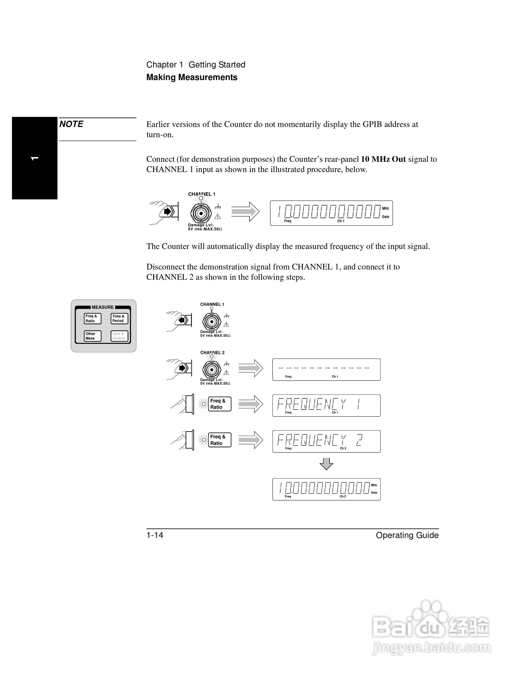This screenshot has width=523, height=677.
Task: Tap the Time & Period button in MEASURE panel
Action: pos(119,319)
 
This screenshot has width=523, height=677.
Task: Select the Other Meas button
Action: pos(92,336)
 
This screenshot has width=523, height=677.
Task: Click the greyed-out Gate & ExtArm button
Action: pos(119,336)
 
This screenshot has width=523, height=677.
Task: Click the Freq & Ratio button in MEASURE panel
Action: pos(92,319)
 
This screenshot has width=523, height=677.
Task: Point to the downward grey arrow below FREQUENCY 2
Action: pos(326,464)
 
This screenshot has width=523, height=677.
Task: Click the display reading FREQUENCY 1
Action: pos(326,405)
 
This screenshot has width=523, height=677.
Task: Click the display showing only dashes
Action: pos(326,369)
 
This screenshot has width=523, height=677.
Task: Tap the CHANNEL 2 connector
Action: pos(212,369)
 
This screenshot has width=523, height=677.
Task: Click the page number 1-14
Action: pos(155,535)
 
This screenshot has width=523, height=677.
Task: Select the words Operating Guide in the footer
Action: pos(407,535)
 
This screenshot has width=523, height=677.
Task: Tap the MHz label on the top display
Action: pos(385,209)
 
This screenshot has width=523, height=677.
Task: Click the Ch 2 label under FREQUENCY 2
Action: pos(343,448)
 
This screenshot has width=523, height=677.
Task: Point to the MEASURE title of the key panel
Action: pos(103,307)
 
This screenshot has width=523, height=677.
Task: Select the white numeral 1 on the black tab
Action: pos(35,158)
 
